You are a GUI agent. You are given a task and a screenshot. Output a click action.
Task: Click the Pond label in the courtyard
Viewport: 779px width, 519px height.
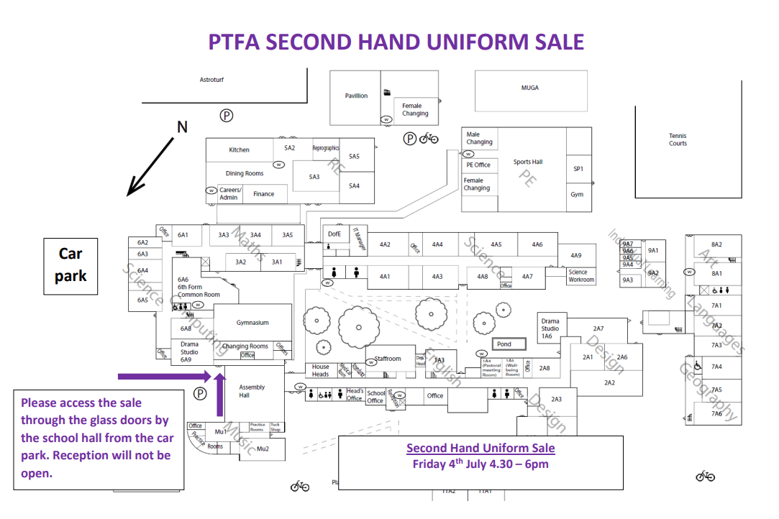504,344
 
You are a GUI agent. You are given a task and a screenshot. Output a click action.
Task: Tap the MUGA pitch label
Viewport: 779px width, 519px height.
530,88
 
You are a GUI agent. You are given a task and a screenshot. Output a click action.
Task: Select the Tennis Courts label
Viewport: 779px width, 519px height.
678,139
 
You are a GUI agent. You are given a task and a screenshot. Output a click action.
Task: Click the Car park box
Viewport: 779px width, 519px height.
70,265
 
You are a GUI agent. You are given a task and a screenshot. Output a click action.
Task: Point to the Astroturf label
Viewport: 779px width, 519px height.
211,80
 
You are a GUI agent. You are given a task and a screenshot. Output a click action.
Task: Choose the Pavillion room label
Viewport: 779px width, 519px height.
356,96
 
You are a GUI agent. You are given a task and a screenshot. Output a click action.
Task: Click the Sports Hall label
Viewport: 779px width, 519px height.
528,162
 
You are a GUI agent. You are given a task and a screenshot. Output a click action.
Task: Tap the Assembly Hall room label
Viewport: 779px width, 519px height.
252,391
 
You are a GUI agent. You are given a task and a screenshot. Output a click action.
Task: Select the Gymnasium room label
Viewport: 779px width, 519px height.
252,323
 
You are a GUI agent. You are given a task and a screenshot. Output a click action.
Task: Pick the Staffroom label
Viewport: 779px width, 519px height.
388,359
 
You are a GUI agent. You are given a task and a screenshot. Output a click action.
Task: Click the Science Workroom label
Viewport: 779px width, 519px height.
581,276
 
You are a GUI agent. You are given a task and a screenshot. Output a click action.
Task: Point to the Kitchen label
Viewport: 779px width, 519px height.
240,150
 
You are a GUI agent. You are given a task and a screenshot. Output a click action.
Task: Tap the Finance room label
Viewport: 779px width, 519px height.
264,194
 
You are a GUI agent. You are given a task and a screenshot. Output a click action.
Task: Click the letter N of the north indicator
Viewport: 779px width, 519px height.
182,127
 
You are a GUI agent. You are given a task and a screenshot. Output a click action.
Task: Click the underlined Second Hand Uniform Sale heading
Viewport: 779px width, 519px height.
480,448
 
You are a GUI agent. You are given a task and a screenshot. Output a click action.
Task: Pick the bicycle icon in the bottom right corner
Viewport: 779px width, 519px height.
705,476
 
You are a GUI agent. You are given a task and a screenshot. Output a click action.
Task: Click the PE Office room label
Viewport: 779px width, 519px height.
478,165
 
